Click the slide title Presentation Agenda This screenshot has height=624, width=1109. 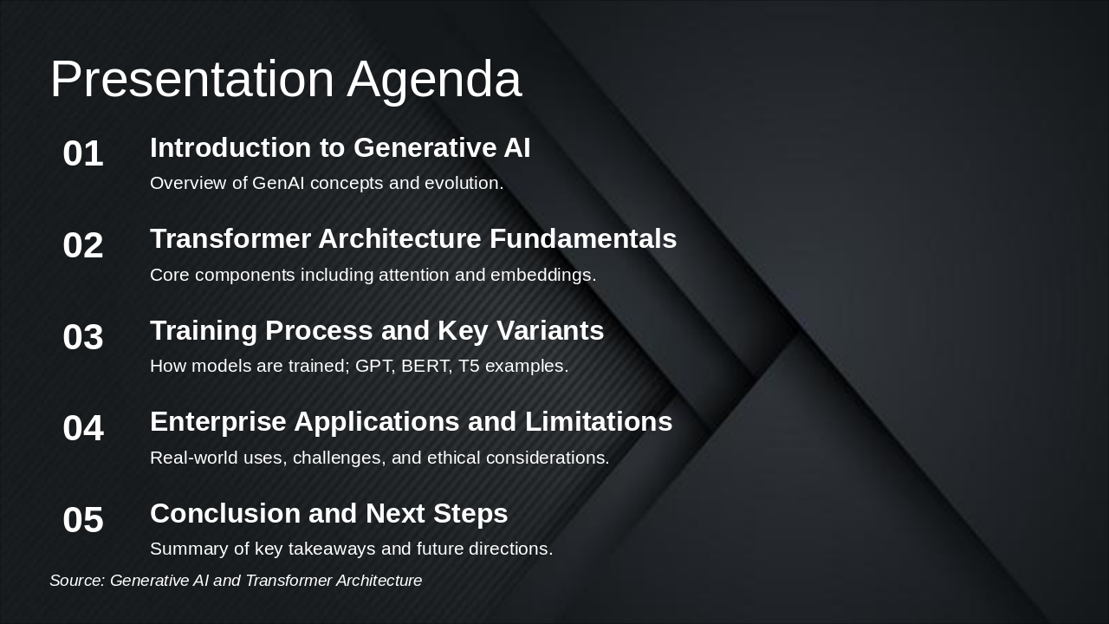point(286,80)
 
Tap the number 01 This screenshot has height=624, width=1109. point(83,154)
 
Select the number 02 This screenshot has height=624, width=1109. point(83,246)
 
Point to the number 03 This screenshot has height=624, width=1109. point(83,337)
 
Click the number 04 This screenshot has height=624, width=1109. point(83,429)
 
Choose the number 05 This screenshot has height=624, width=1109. point(83,521)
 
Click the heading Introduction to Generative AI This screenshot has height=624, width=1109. point(340,148)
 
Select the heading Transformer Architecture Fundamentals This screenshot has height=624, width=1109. point(413,239)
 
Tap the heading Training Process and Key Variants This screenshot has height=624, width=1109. point(377,331)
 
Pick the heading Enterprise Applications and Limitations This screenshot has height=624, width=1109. point(411,422)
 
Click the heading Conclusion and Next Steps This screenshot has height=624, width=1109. point(328,514)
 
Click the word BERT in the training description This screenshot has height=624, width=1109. point(425,367)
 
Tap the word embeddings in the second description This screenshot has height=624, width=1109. point(542,276)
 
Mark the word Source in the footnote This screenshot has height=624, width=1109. point(75,581)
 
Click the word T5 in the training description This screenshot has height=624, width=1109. point(469,367)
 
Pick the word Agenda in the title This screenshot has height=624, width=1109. point(434,80)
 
